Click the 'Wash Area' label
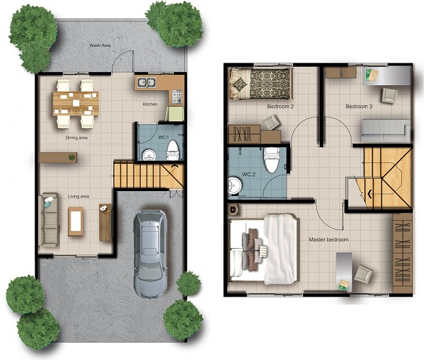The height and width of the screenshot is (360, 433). (100, 45)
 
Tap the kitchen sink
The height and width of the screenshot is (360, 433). (146, 82)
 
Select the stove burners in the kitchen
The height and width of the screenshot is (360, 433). (178, 97)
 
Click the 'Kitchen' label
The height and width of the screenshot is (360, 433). (150, 104)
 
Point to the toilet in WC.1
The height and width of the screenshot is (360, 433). (173, 150)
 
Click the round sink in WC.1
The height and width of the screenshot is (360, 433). (149, 155)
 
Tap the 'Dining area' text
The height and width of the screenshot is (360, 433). (76, 138)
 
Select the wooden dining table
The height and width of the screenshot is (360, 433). (76, 104)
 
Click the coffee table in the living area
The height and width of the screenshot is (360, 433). (76, 221)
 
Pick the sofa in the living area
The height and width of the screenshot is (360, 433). (49, 220)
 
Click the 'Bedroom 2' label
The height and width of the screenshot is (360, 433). (280, 106)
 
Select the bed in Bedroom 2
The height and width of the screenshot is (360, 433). (261, 84)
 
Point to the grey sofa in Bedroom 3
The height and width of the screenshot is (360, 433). (385, 128)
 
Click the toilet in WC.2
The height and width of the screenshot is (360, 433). (272, 159)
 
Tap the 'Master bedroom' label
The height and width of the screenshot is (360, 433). (328, 240)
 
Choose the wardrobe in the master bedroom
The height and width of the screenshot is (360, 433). (403, 253)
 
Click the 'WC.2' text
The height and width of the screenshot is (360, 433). (249, 175)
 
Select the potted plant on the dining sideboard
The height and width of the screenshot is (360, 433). (71, 157)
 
